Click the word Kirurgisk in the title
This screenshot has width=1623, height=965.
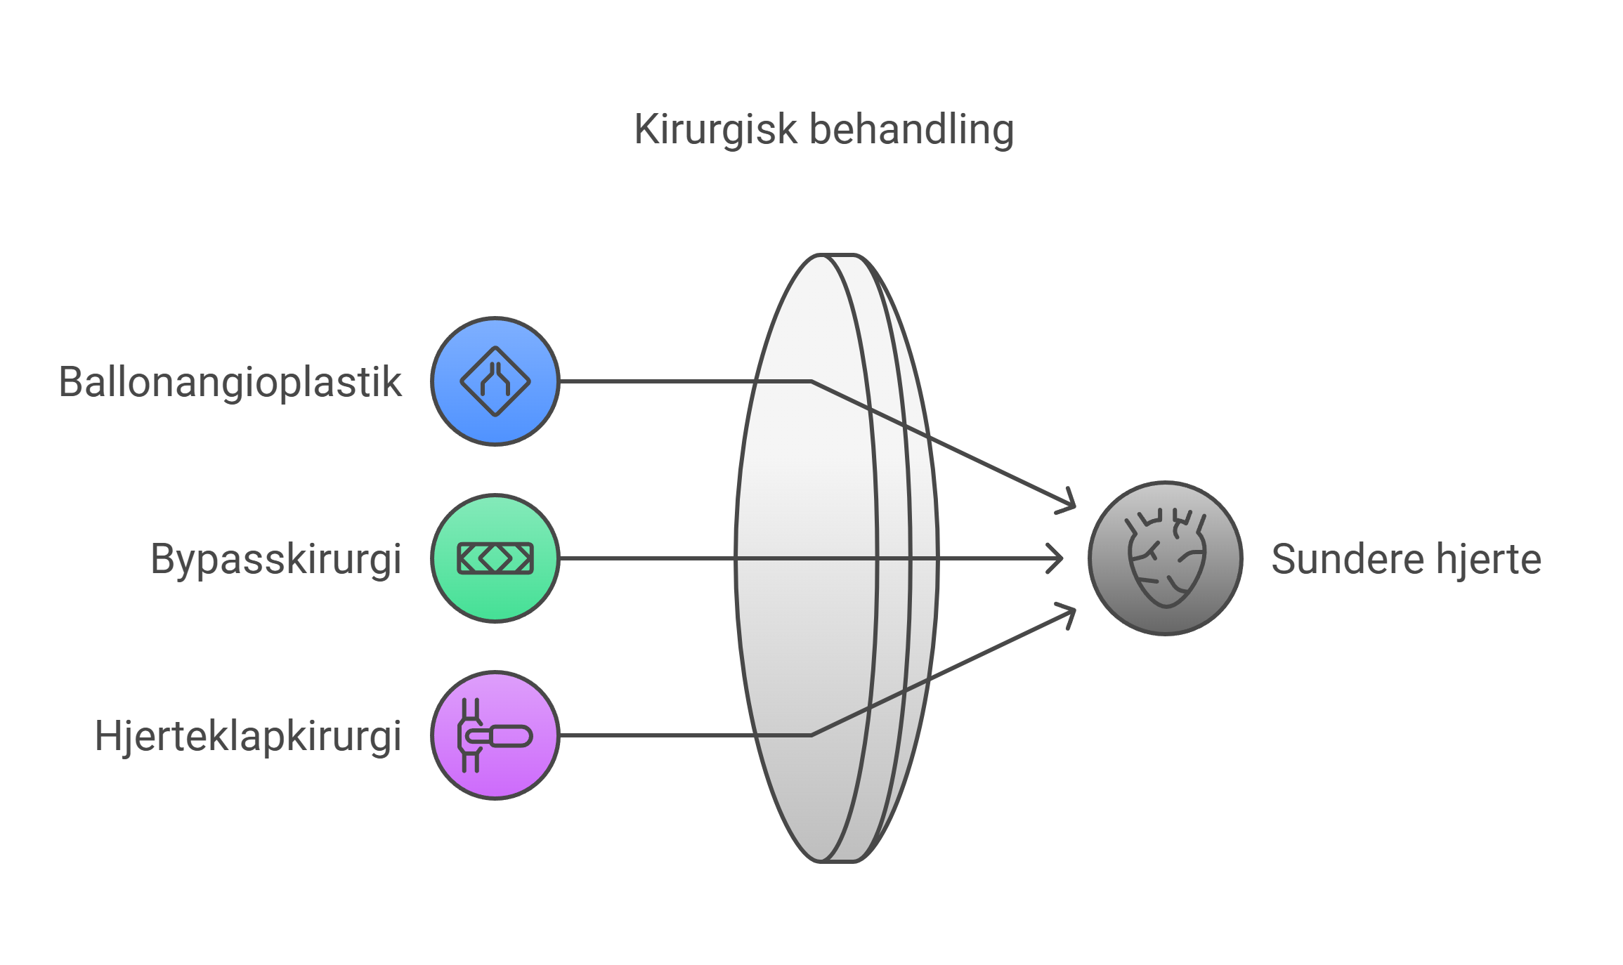coord(715,129)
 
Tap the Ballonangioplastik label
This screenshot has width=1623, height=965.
coord(230,382)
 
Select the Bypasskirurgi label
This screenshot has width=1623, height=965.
coord(275,559)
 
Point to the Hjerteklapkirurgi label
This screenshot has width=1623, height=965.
coord(248,736)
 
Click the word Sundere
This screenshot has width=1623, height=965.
coord(1347,559)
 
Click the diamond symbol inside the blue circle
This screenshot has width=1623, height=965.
coord(495,381)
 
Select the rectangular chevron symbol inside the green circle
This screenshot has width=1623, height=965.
coord(495,558)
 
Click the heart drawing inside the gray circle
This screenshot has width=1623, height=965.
coord(1166,558)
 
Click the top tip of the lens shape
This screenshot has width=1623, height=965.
coord(836,256)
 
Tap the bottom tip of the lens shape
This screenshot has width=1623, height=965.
coord(836,860)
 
